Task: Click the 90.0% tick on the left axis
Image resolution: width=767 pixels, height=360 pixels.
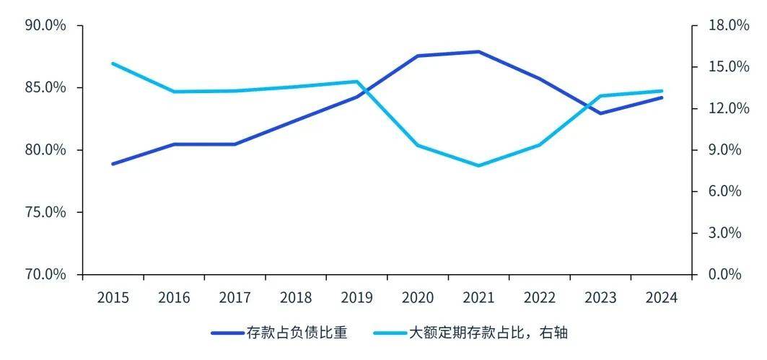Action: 45,25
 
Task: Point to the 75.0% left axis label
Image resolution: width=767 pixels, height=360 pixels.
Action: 45,212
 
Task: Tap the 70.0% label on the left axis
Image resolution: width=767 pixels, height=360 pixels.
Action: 45,274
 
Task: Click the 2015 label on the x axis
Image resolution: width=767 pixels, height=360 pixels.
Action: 113,298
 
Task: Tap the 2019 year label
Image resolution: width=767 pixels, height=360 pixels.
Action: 356,298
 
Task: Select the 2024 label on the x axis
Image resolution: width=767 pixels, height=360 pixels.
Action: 661,298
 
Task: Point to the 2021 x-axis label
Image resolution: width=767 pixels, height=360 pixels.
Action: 478,298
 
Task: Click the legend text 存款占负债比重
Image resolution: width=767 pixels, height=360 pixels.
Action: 297,333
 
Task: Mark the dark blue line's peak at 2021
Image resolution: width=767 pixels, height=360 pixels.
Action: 478,52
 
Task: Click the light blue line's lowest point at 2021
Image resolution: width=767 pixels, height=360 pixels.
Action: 478,165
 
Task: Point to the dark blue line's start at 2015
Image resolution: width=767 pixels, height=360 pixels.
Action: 113,164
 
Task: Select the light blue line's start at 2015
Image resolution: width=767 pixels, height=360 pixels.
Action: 113,63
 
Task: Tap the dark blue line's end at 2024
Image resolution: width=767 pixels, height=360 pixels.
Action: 662,97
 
